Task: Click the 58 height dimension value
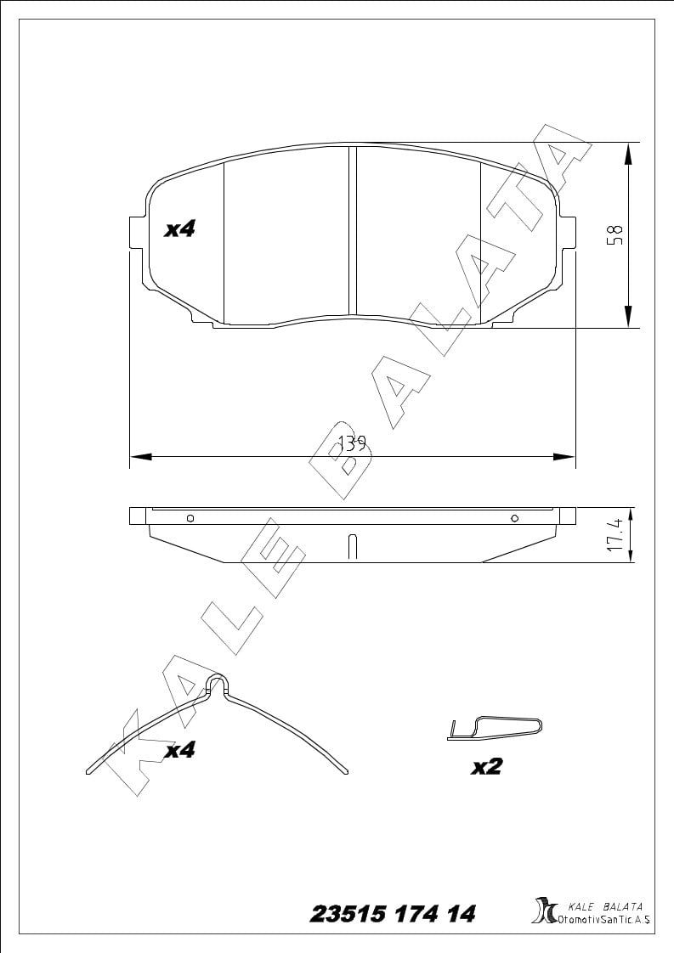[617, 234]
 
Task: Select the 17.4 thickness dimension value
[615, 535]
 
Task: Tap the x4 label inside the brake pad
[180, 229]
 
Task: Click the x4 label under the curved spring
[180, 750]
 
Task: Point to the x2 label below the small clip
[487, 767]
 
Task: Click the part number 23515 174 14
[393, 914]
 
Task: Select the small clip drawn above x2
[494, 728]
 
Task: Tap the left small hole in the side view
[190, 518]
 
